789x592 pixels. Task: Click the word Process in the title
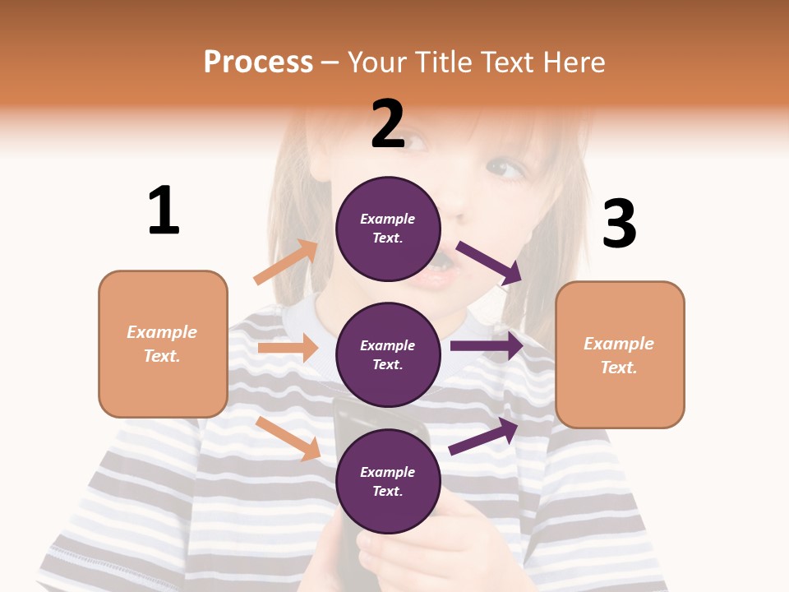258,62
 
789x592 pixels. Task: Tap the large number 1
164,211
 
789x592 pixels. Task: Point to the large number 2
388,124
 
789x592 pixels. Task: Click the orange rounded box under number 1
163,344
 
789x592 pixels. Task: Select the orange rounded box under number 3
620,355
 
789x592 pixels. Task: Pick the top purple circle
388,229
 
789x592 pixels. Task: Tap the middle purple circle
388,354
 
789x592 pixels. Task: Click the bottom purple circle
388,481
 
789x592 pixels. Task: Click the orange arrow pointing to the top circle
285,262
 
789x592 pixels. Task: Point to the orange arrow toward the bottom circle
288,438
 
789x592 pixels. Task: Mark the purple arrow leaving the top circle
489,263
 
